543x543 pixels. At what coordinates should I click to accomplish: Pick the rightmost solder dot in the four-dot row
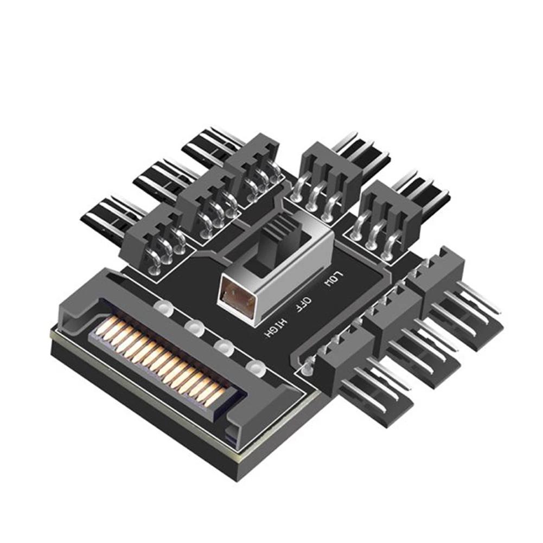pyautogui.click(x=253, y=367)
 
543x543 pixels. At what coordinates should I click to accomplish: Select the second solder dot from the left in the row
pyautogui.click(x=193, y=327)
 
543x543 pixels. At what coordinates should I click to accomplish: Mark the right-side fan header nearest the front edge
pyautogui.click(x=347, y=355)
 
